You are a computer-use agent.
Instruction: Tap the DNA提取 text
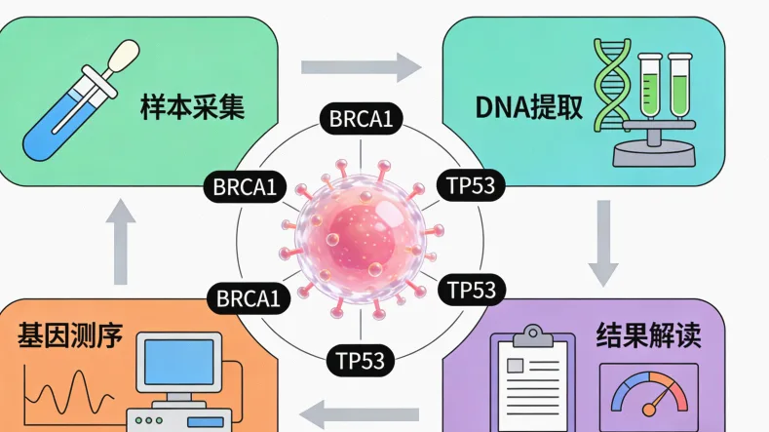point(530,106)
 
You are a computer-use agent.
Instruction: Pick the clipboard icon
point(532,375)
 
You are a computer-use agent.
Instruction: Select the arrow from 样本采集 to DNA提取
point(360,67)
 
